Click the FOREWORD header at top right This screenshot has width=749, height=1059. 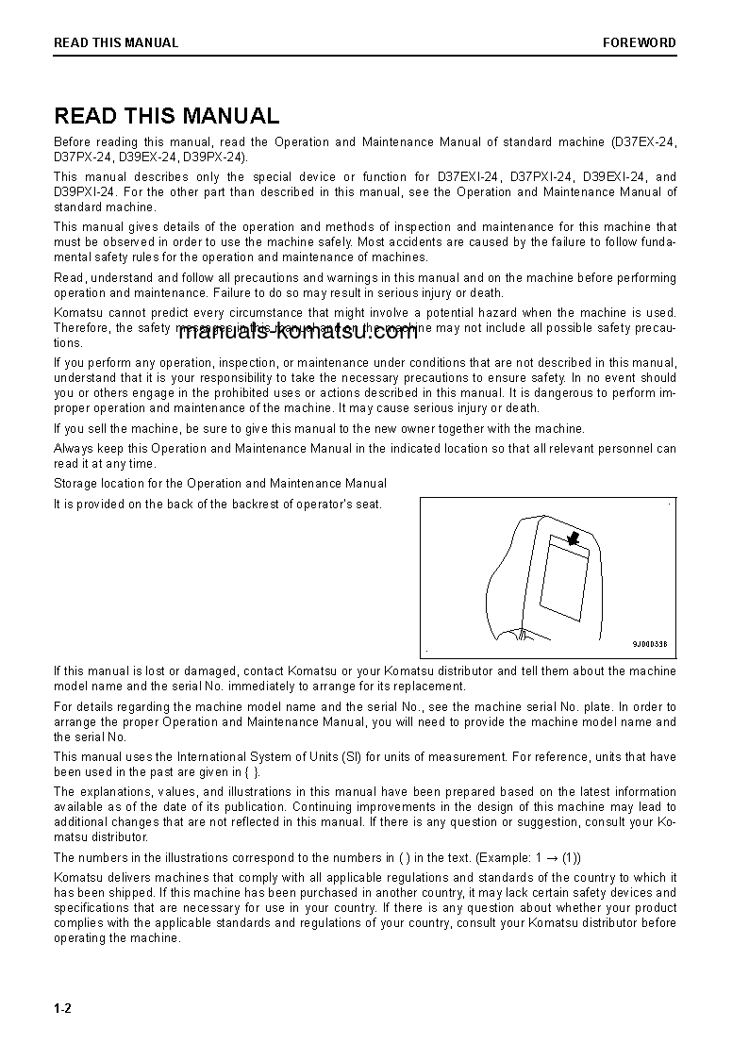(640, 42)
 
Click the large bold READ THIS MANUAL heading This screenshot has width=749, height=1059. (166, 116)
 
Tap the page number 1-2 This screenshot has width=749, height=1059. (62, 1009)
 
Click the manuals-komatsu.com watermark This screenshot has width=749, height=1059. (297, 331)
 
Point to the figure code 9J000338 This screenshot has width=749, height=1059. (649, 645)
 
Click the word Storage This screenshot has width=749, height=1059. (75, 483)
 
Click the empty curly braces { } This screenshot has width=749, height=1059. (251, 771)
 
